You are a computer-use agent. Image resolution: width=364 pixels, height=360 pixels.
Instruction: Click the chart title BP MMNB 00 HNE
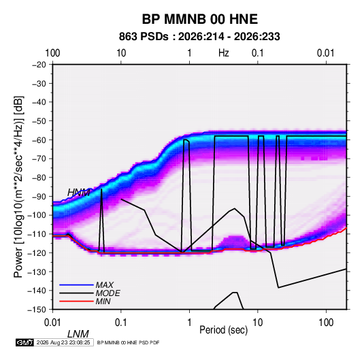(x=199, y=19)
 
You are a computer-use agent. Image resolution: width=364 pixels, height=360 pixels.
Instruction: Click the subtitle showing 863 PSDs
(x=199, y=37)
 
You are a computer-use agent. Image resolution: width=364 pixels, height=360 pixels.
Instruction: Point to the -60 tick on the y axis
(x=39, y=140)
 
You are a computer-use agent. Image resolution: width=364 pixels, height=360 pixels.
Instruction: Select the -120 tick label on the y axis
(x=37, y=252)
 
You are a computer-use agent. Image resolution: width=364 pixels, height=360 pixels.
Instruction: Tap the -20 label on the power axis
(x=39, y=65)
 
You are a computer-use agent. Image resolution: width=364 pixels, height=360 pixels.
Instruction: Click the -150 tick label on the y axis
(x=37, y=310)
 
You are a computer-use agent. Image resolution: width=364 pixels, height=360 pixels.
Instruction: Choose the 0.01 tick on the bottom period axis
(x=52, y=323)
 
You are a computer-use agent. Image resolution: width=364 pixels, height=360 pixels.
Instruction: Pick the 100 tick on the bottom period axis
(x=326, y=323)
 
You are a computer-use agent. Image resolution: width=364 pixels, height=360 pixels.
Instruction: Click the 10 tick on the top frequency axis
(x=121, y=53)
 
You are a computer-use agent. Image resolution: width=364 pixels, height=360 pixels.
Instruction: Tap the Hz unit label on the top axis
(x=224, y=53)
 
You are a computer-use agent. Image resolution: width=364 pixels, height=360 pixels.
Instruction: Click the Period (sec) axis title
(x=224, y=330)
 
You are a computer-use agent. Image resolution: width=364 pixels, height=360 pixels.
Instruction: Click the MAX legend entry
(x=105, y=285)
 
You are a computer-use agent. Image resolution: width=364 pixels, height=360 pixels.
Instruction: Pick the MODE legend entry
(x=107, y=293)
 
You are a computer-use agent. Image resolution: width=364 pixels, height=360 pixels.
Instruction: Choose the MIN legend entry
(x=103, y=301)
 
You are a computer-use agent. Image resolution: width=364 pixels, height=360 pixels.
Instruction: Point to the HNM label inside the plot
(x=79, y=193)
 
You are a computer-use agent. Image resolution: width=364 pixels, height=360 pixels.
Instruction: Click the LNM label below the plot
(x=78, y=334)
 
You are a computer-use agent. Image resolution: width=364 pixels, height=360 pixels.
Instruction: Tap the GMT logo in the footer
(x=24, y=342)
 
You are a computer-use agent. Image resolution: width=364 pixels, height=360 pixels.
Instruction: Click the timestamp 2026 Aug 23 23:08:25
(x=63, y=342)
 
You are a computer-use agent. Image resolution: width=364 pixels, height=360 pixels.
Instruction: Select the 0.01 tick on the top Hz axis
(x=326, y=53)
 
